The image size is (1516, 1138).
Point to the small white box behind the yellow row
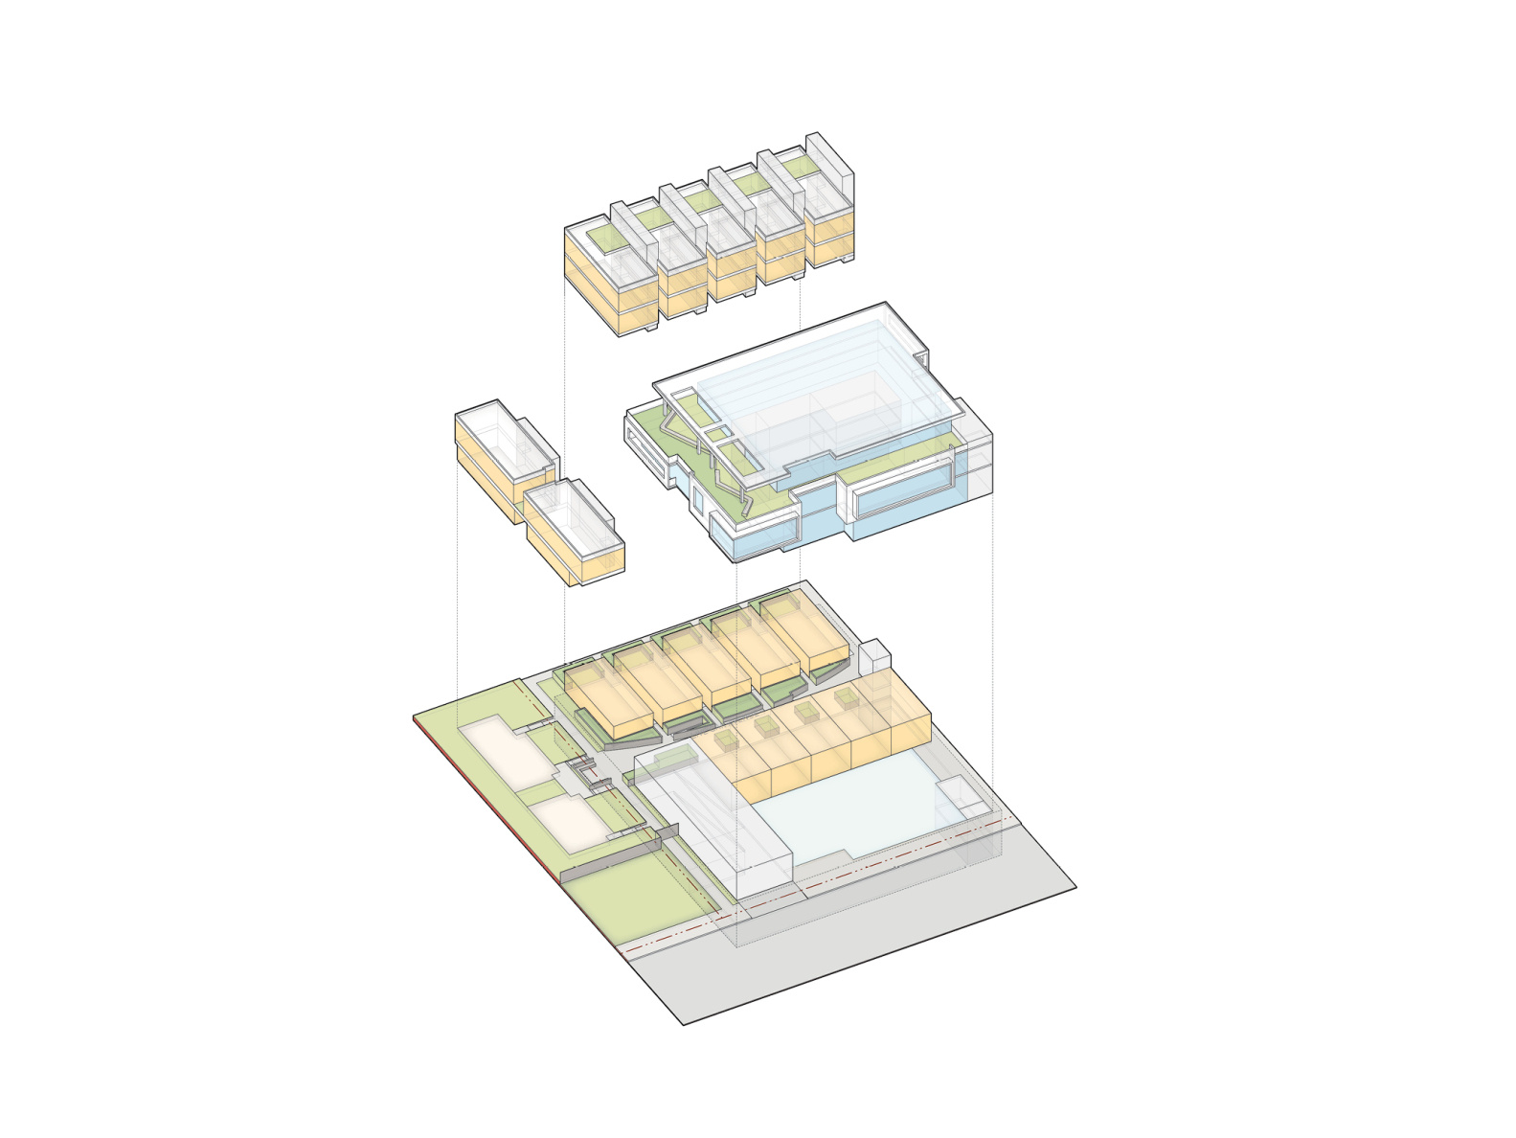coord(873,660)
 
